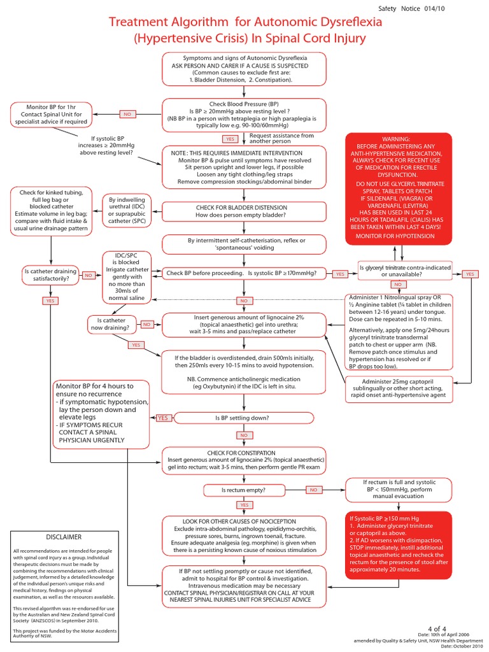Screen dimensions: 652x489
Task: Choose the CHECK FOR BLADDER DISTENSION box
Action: click(x=244, y=211)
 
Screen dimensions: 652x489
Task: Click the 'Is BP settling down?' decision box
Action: click(x=244, y=418)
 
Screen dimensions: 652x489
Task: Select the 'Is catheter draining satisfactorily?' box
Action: click(x=50, y=274)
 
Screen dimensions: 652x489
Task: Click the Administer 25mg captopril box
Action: click(x=397, y=388)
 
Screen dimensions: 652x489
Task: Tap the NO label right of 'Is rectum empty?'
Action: click(x=313, y=490)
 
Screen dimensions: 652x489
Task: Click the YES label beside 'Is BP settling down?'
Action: click(x=163, y=418)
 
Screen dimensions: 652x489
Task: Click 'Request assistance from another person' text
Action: click(x=281, y=138)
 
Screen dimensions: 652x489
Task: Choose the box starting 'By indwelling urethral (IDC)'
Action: click(x=128, y=211)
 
